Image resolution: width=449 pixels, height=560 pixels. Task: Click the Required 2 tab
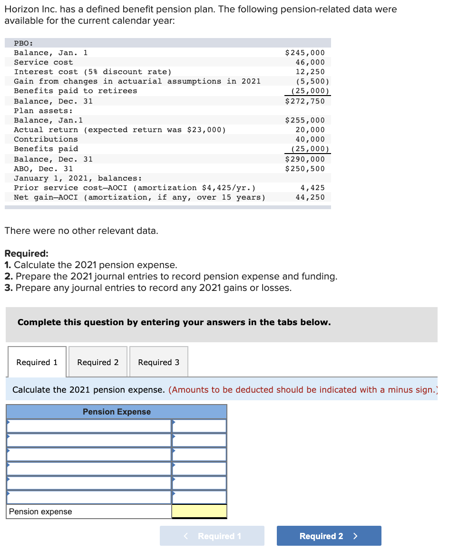click(x=98, y=362)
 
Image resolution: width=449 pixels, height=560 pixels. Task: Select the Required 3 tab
click(x=158, y=362)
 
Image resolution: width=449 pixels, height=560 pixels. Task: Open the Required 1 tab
click(x=37, y=362)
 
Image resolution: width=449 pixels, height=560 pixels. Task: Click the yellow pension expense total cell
click(x=199, y=512)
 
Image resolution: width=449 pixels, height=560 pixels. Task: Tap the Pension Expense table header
click(x=117, y=412)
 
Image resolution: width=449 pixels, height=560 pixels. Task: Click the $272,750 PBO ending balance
click(x=305, y=101)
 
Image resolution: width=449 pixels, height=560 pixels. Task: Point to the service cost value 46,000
click(x=310, y=62)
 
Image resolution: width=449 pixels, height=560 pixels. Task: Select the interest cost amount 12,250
click(x=310, y=72)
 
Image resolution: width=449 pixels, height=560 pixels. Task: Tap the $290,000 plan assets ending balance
click(x=305, y=159)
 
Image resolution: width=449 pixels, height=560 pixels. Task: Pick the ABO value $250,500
click(x=305, y=169)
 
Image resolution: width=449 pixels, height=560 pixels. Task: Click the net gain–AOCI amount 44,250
click(x=310, y=197)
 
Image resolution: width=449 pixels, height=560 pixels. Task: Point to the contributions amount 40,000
click(x=310, y=139)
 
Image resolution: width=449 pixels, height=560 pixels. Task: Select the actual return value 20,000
click(x=310, y=130)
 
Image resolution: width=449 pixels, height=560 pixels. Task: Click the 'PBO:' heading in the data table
click(x=23, y=43)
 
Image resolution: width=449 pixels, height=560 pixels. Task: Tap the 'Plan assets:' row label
click(x=43, y=111)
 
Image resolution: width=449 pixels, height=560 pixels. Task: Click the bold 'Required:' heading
click(x=26, y=253)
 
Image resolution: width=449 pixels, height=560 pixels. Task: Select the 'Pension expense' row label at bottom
click(x=40, y=512)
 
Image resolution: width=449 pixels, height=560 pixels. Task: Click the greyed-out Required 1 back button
click(x=212, y=536)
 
